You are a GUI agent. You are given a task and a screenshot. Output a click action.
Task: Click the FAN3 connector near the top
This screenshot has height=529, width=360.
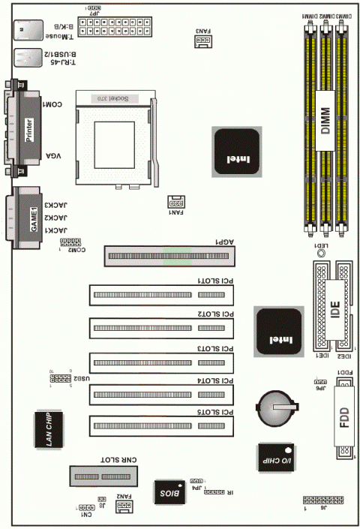pyautogui.click(x=202, y=42)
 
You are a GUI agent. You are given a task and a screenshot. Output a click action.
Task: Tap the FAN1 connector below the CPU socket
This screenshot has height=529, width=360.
pyautogui.click(x=175, y=203)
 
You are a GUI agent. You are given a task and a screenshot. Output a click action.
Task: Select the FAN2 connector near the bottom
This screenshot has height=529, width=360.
pyautogui.click(x=124, y=508)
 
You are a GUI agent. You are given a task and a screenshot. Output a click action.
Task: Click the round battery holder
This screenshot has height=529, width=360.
pyautogui.click(x=274, y=405)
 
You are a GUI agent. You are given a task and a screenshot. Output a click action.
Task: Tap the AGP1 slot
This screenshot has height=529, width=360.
pyautogui.click(x=169, y=257)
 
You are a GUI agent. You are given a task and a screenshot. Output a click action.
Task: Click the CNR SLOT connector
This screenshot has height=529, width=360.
pyautogui.click(x=106, y=476)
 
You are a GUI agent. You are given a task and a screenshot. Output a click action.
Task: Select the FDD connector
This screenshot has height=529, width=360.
pyautogui.click(x=344, y=418)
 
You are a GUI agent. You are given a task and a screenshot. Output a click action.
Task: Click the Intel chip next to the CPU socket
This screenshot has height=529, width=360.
pyautogui.click(x=237, y=152)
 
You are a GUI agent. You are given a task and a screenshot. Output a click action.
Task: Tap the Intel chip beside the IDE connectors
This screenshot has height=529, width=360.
pyautogui.click(x=279, y=331)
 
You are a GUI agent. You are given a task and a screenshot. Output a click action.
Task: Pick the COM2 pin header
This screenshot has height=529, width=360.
pyautogui.click(x=70, y=243)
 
